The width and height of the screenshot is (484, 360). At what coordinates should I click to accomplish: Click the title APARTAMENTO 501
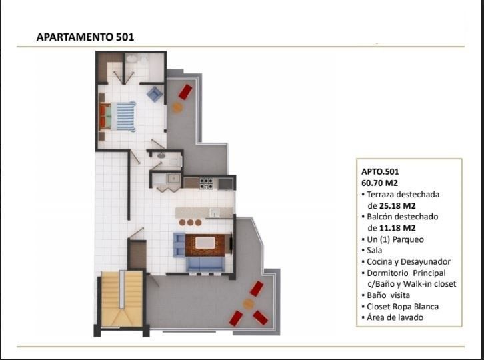tap(85, 37)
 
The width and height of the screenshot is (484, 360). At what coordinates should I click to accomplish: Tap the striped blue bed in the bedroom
tap(123, 117)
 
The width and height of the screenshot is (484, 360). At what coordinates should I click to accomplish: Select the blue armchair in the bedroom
tap(155, 93)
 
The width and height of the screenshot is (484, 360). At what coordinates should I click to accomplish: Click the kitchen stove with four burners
tap(206, 183)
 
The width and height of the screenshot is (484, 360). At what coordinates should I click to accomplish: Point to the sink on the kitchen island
tap(215, 213)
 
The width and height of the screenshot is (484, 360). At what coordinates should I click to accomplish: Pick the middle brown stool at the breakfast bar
tap(190, 222)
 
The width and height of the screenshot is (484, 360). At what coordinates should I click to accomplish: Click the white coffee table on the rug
tap(205, 243)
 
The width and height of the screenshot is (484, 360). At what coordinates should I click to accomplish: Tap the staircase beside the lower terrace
tap(122, 299)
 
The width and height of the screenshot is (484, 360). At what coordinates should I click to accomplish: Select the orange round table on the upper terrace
tap(177, 107)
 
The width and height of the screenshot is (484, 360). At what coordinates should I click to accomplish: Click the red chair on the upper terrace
tap(185, 92)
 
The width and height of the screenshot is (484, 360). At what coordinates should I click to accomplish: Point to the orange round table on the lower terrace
tap(248, 305)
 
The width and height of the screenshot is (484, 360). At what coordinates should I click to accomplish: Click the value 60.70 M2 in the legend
tap(380, 183)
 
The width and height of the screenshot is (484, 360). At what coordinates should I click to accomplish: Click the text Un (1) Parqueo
tap(395, 239)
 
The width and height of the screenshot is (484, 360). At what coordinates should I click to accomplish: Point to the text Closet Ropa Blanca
tap(403, 307)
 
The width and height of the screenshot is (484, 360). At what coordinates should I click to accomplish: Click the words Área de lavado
tap(395, 317)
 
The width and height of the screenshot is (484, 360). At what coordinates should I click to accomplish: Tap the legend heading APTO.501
tap(380, 171)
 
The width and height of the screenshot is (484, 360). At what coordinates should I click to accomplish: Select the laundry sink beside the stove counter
tap(174, 179)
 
